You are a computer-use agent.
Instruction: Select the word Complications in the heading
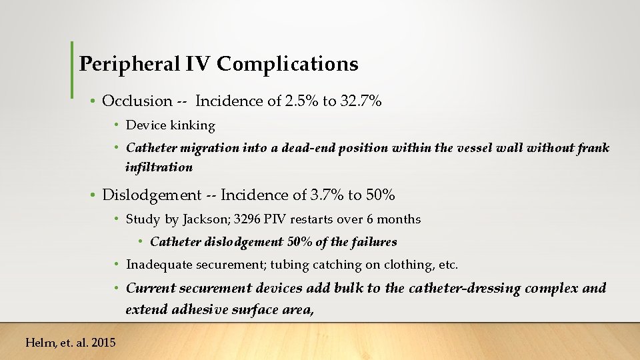pos(287,64)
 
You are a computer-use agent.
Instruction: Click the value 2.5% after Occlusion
pos(299,101)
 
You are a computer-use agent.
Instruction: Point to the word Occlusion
pos(137,101)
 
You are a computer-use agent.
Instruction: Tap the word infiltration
pos(159,167)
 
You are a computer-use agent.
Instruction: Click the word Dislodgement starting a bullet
pos(151,195)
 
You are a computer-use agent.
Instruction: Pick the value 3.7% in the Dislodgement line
pos(325,195)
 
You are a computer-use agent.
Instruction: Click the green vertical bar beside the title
pos(72,69)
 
